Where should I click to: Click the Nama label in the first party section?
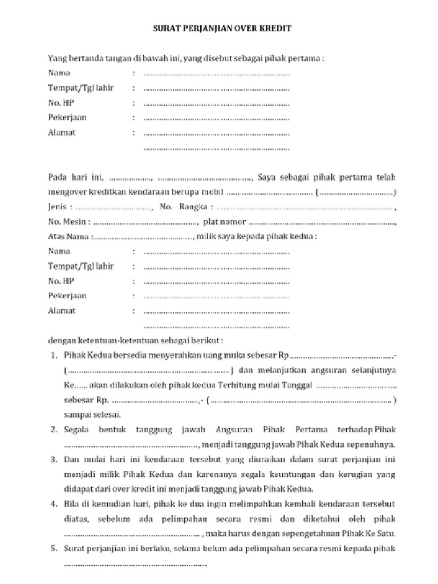pyautogui.click(x=59, y=73)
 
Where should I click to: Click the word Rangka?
pyautogui.click(x=193, y=206)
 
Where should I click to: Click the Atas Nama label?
pyautogui.click(x=67, y=236)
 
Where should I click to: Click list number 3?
pyautogui.click(x=52, y=459)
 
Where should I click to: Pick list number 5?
pyautogui.click(x=52, y=549)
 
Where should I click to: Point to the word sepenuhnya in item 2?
pyautogui.click(x=368, y=444)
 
